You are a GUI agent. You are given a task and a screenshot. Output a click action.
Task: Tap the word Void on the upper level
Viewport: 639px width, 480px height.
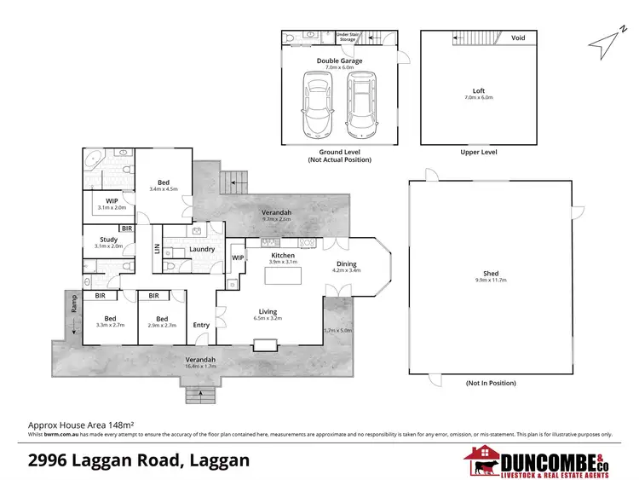click(x=517, y=38)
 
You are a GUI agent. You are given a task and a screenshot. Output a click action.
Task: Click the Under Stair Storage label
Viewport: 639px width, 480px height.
click(x=348, y=37)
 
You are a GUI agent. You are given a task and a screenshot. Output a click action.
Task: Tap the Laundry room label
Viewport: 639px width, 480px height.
click(x=202, y=249)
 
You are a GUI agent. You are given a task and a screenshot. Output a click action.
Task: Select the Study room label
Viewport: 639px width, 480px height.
click(x=109, y=240)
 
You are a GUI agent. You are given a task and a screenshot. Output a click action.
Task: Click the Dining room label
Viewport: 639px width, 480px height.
click(x=347, y=264)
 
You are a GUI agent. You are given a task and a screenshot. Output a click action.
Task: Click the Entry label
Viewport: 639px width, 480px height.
click(x=201, y=325)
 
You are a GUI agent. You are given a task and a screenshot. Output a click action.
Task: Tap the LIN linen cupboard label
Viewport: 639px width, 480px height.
click(x=156, y=249)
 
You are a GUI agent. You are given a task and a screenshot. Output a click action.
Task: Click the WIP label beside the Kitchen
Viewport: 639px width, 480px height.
click(x=238, y=257)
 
